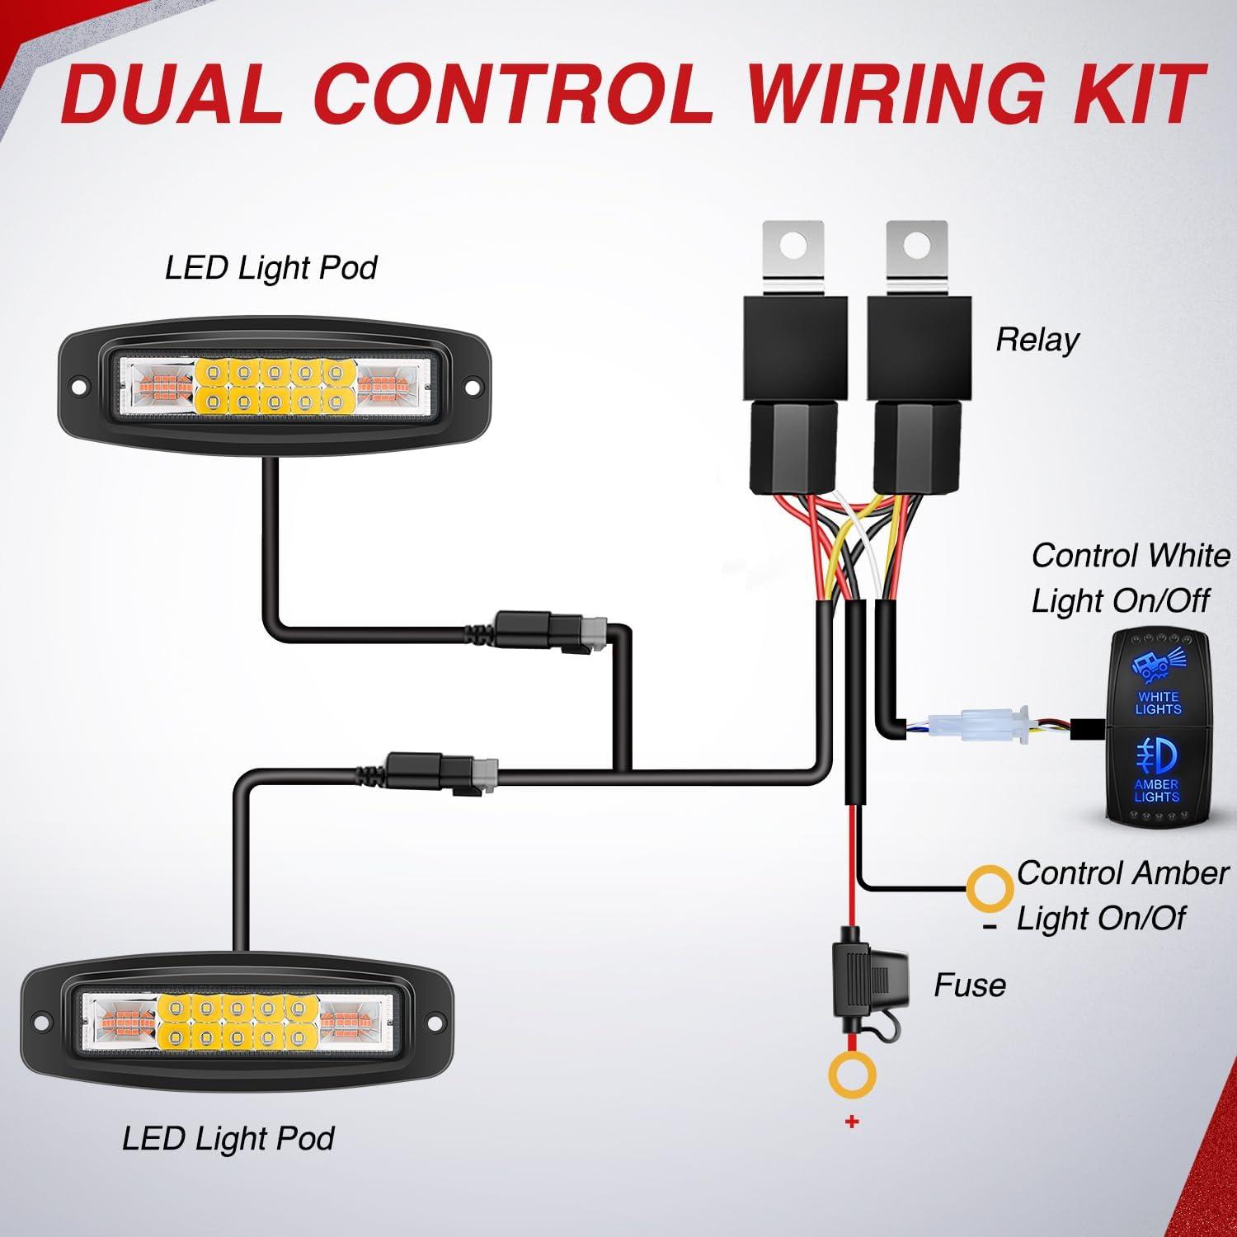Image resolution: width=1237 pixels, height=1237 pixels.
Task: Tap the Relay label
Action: pos(1037,340)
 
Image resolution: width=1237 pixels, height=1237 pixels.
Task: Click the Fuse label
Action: pos(970,985)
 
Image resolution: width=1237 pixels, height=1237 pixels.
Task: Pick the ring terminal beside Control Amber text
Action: pos(990,889)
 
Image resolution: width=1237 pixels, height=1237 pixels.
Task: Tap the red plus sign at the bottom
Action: pos(852,1122)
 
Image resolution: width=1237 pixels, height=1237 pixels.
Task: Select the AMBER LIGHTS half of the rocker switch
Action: pos(1157,771)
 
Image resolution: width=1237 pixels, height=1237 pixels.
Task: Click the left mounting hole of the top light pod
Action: pos(79,386)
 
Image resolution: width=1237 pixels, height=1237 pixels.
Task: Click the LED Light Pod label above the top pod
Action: pos(270,268)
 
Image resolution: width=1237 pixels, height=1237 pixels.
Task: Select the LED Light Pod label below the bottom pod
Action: pos(228,1139)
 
